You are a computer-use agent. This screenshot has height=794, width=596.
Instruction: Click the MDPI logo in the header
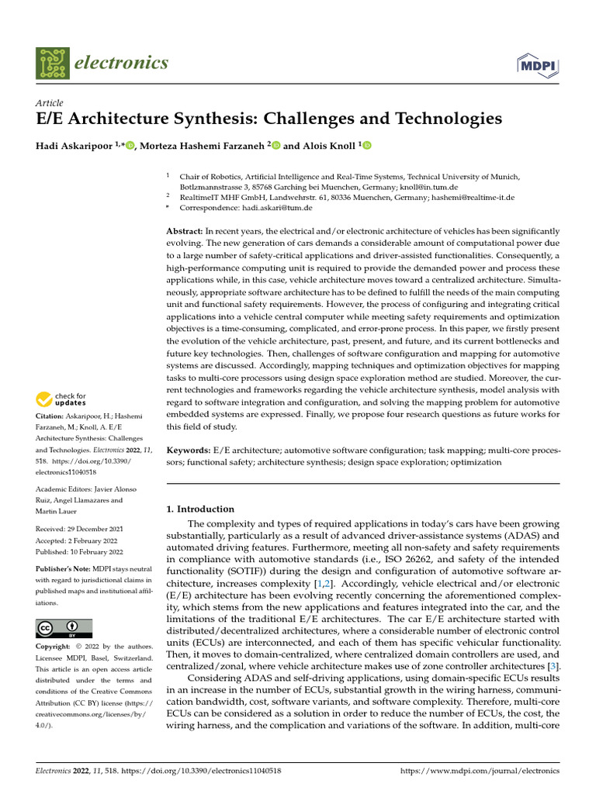click(538, 63)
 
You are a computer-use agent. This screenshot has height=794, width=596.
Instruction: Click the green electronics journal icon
click(52, 63)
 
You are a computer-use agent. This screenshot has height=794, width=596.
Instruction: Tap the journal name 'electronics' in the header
click(121, 63)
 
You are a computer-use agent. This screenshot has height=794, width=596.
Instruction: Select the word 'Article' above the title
click(50, 103)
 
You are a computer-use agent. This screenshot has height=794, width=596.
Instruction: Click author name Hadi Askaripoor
click(75, 146)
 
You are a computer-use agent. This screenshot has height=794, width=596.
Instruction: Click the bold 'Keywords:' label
click(189, 450)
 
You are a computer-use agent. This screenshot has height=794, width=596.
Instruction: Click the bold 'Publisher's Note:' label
click(63, 569)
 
